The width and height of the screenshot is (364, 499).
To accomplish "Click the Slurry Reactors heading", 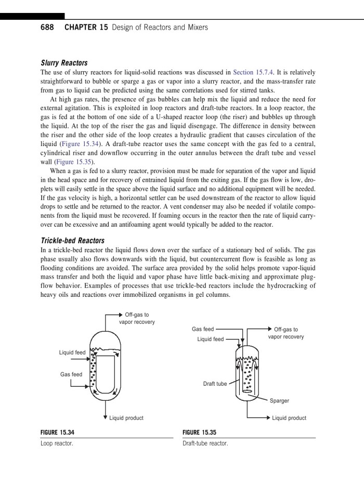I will click(x=64, y=63).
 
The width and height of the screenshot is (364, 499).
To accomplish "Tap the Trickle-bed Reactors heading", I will click(x=73, y=241).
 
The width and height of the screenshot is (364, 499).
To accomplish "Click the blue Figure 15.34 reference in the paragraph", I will click(x=80, y=143).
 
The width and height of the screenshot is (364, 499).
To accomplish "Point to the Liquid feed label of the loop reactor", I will click(x=72, y=352).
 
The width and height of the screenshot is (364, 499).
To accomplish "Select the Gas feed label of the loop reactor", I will click(x=71, y=374).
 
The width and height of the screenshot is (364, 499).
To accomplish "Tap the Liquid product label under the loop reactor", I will click(x=126, y=418).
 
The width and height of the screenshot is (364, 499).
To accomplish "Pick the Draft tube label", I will click(x=215, y=384).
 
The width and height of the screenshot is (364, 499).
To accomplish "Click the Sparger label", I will click(x=279, y=401).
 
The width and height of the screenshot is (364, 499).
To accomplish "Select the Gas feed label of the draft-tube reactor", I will click(x=203, y=329).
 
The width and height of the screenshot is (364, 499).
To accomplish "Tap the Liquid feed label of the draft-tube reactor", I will click(x=211, y=339).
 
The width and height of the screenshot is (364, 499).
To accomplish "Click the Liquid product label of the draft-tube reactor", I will click(x=289, y=418).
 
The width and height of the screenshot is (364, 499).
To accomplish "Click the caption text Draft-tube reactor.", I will click(x=205, y=444).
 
